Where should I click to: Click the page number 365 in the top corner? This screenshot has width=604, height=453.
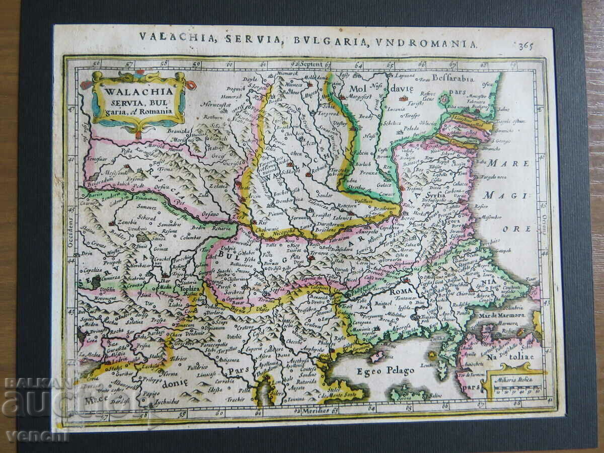(525, 46)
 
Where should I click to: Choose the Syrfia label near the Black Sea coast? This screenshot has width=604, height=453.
(434, 194)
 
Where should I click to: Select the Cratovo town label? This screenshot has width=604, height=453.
(244, 327)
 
